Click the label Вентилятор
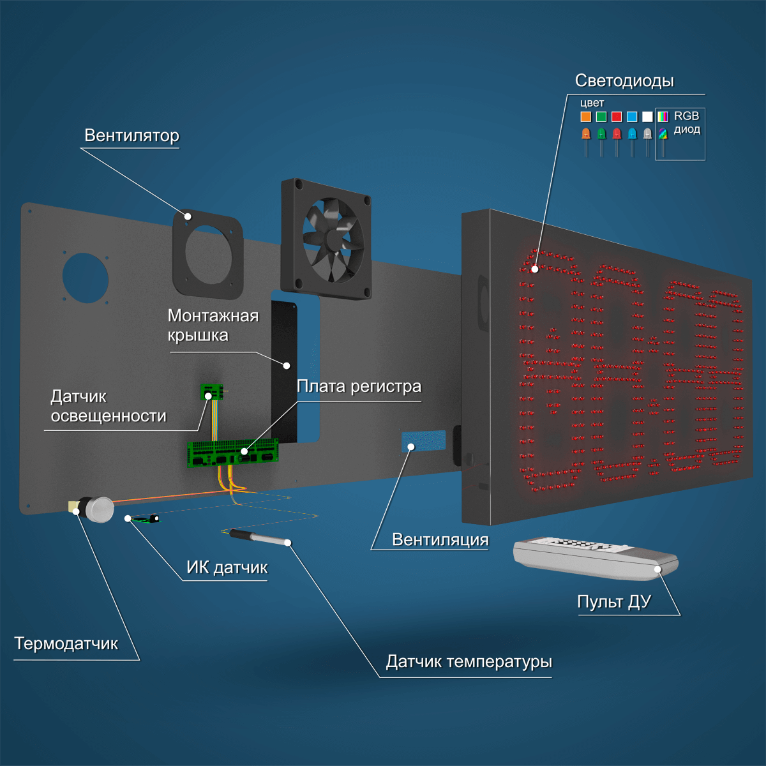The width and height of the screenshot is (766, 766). point(131,135)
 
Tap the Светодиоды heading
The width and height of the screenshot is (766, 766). point(624,80)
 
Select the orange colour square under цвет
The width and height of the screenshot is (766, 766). point(585,116)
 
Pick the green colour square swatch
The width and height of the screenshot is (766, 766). point(601,116)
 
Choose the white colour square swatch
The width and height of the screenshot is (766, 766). point(647,116)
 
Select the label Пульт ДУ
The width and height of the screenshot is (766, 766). point(613,602)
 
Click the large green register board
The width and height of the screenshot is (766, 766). point(232,453)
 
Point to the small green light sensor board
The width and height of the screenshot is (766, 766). point(211,391)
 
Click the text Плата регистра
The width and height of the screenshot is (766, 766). point(359,386)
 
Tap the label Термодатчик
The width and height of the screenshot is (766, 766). point(66,643)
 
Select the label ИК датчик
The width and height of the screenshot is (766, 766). point(227,567)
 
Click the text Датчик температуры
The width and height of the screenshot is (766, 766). point(469,662)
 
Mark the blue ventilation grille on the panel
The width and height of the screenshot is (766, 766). point(423,441)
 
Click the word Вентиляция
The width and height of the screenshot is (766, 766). point(440,540)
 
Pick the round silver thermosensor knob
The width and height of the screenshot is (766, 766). point(100,509)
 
